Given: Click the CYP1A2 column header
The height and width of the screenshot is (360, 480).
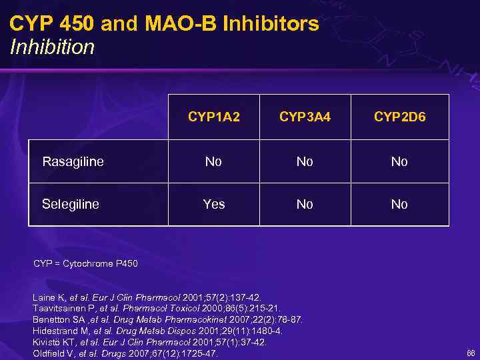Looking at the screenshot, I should [x=213, y=117].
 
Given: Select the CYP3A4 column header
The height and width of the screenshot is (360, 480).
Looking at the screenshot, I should [x=305, y=117].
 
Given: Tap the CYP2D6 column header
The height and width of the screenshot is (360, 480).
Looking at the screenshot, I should [x=399, y=117].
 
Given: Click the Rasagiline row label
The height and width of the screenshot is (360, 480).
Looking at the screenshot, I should [x=73, y=161].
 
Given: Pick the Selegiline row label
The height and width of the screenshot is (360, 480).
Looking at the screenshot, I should [x=71, y=204].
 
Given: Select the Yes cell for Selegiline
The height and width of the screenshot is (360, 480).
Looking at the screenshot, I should [x=213, y=204].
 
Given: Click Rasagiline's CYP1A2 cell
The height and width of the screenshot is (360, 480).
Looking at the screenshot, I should [x=213, y=161].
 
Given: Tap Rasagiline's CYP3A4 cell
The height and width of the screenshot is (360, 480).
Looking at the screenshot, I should [x=305, y=161].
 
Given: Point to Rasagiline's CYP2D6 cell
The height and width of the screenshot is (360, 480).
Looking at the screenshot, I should [x=399, y=161].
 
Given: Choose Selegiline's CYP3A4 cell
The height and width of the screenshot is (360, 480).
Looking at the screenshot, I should [x=305, y=204].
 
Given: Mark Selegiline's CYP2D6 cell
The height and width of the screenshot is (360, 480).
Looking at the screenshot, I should [x=399, y=204].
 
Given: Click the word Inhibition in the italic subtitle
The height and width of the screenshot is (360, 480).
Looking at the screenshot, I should [x=53, y=47].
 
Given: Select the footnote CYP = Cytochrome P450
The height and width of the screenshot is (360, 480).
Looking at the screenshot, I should [x=85, y=264].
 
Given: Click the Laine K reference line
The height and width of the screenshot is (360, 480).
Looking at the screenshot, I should [x=147, y=297].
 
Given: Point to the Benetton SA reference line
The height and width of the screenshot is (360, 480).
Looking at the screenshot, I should [x=167, y=320].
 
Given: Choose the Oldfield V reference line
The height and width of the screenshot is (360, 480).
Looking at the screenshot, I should [x=125, y=353].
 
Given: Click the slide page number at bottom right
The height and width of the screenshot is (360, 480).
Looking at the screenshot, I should [x=471, y=353].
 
